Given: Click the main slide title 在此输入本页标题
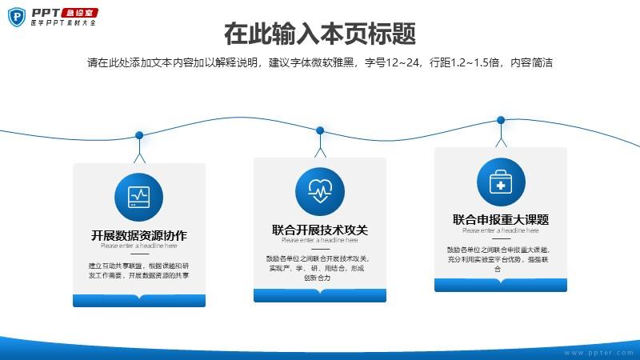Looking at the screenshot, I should click(x=320, y=35).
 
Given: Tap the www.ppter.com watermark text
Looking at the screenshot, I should click(x=598, y=351).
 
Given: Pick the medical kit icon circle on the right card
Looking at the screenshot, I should click(x=501, y=182).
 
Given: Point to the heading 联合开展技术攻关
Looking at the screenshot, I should click(x=319, y=230).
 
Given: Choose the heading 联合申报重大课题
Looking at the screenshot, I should click(x=501, y=219).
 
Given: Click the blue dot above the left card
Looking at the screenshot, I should click(x=139, y=135).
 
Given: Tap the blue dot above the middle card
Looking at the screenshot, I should click(x=320, y=130).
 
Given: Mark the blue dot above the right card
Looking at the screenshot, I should click(x=501, y=120).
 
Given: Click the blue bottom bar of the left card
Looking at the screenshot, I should click(x=139, y=301).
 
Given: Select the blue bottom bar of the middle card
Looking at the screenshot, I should click(x=319, y=296).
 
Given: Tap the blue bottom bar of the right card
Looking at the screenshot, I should click(x=501, y=285).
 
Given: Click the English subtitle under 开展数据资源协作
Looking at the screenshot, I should click(x=139, y=246).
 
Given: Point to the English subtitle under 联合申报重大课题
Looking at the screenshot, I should click(x=501, y=230).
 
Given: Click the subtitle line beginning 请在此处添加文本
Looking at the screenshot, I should click(x=320, y=62).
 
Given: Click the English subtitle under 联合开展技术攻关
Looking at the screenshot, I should click(x=319, y=240).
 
